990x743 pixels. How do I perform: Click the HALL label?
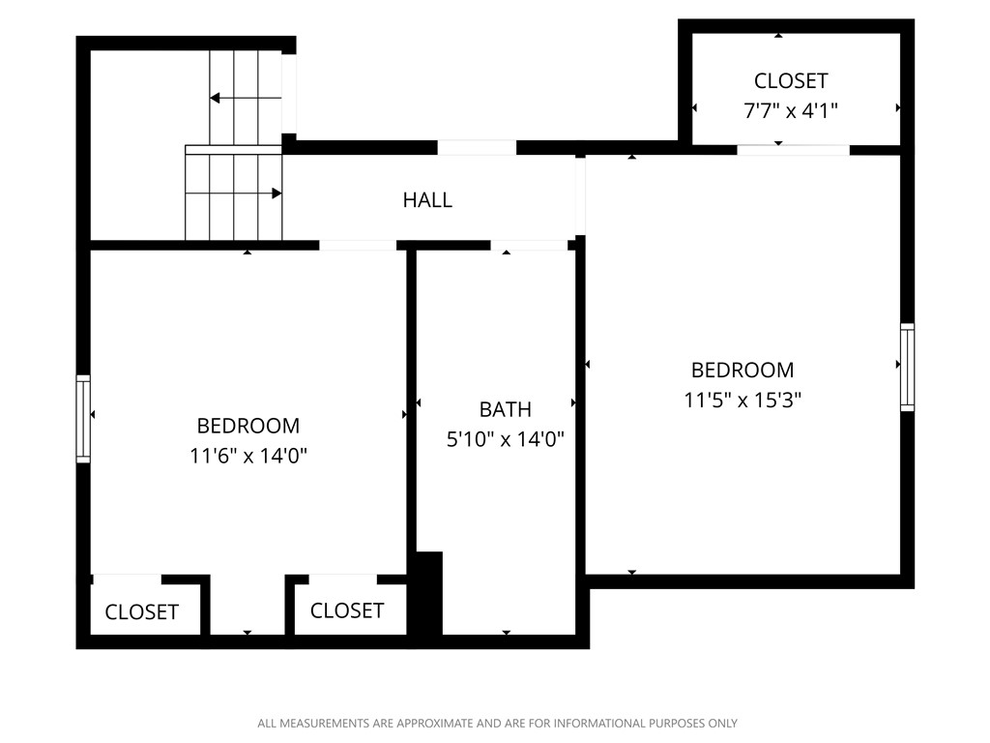point(427,200)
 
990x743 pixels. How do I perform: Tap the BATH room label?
point(505,409)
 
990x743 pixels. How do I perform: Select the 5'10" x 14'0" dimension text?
point(505,439)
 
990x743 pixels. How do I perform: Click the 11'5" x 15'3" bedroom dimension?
point(742,399)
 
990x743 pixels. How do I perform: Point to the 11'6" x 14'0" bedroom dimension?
point(248,455)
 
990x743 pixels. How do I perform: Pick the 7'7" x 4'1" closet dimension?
point(790,110)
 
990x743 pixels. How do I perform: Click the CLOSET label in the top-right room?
point(790,80)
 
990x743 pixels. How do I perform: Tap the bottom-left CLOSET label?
point(141,611)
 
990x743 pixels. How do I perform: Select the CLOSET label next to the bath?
point(347,610)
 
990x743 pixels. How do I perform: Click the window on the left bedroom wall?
point(83,418)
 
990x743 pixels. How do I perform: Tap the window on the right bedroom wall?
point(907,367)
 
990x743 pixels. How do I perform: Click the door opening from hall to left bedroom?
point(358,245)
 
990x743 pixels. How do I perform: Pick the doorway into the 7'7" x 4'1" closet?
point(793,150)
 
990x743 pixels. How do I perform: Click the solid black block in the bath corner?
point(427,593)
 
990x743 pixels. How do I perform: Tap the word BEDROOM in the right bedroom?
point(742,370)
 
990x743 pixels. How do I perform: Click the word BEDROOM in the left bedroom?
point(248,426)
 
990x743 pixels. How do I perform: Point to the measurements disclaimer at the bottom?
point(497,723)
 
